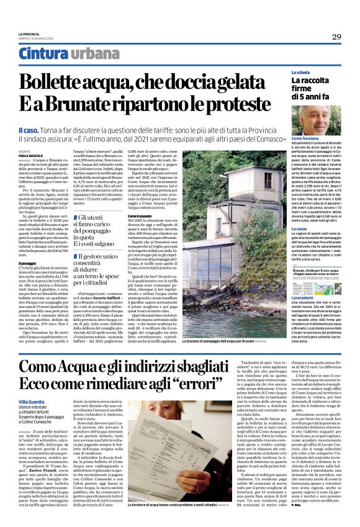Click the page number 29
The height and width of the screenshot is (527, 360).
click(x=336, y=37)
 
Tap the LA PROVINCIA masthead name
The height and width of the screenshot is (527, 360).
click(x=29, y=34)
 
